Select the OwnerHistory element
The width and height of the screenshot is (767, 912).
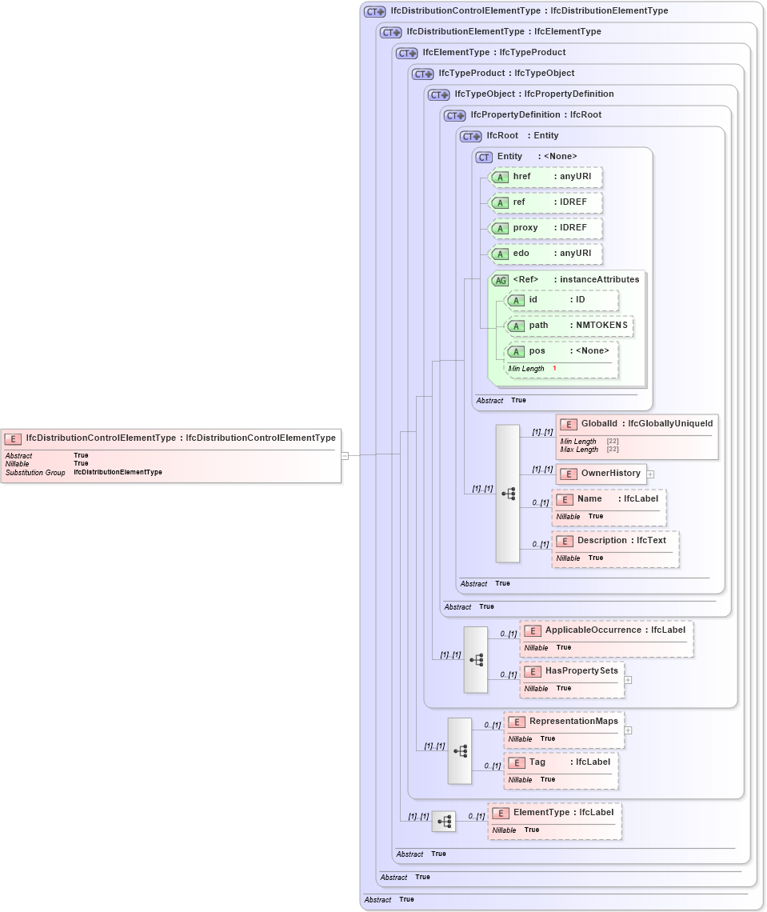[601, 474]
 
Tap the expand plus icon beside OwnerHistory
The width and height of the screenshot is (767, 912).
[650, 474]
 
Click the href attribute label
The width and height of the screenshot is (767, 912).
[521, 177]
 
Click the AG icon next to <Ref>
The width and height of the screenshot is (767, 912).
[501, 280]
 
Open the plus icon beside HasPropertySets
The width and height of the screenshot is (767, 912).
[628, 680]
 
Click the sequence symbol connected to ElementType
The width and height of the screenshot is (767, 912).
[444, 822]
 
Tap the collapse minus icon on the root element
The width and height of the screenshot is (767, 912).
[345, 455]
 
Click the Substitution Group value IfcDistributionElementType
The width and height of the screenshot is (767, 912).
[118, 473]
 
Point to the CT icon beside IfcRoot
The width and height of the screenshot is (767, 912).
[470, 136]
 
